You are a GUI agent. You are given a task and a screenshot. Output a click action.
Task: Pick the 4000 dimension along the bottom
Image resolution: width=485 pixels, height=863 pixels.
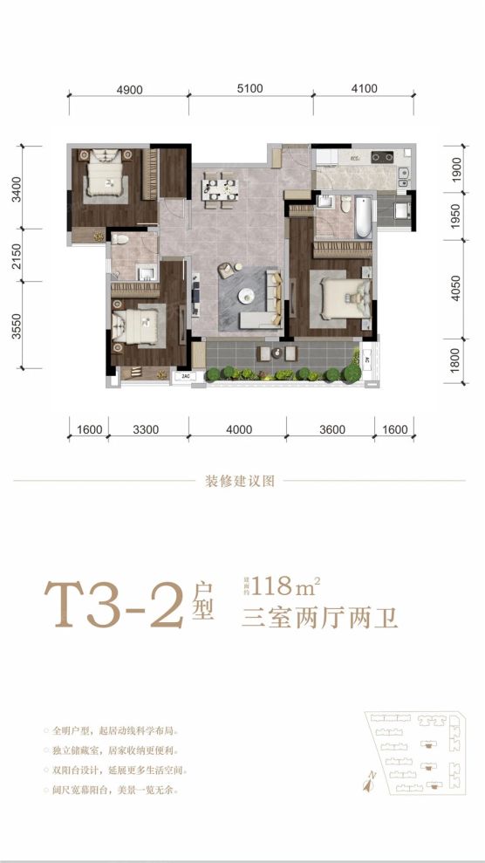(x=238, y=429)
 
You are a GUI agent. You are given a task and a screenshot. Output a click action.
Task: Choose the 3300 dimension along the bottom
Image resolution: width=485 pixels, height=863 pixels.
(x=146, y=429)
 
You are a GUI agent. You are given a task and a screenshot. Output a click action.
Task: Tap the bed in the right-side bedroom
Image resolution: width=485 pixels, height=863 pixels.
(x=343, y=297)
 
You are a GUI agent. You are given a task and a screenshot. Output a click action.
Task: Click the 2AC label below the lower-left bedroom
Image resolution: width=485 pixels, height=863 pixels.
(x=186, y=377)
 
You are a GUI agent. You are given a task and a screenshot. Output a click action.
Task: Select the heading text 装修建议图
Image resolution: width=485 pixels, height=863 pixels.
(x=241, y=480)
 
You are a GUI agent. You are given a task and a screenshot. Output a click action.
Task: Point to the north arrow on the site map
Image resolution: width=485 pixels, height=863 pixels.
(x=369, y=783)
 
